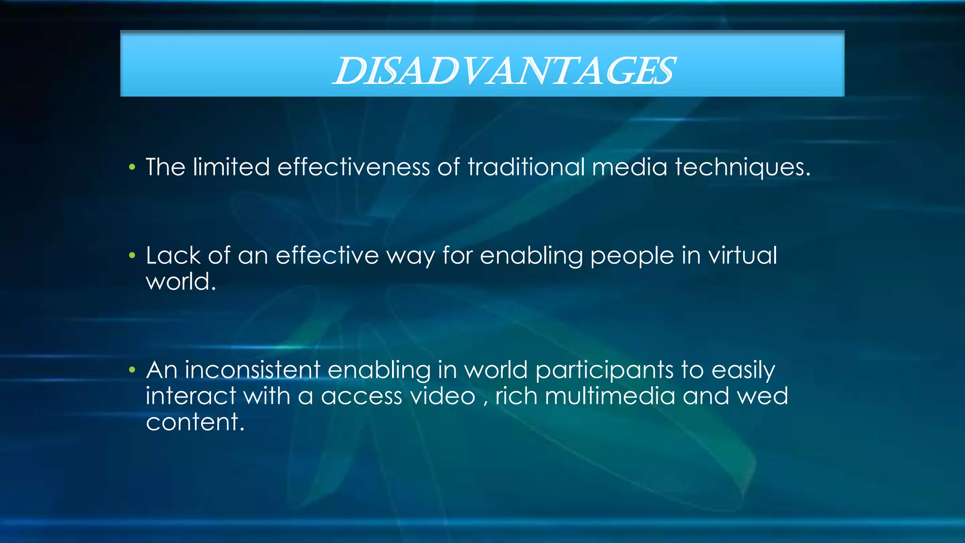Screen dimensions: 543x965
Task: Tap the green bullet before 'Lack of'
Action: point(132,256)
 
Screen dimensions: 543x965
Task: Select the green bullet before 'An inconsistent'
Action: point(132,370)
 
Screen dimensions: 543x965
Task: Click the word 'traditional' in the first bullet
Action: point(526,167)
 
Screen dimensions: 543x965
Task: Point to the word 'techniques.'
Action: point(742,168)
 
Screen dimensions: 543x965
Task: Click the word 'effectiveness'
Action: point(353,167)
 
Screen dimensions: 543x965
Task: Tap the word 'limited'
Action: point(231,167)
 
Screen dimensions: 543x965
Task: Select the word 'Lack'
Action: point(173,256)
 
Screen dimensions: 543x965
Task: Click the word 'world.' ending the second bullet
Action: point(180,282)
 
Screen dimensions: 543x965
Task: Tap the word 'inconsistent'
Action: point(253,370)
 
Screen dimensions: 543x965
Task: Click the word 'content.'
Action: point(195,422)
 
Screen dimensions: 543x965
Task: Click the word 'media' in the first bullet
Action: point(630,167)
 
